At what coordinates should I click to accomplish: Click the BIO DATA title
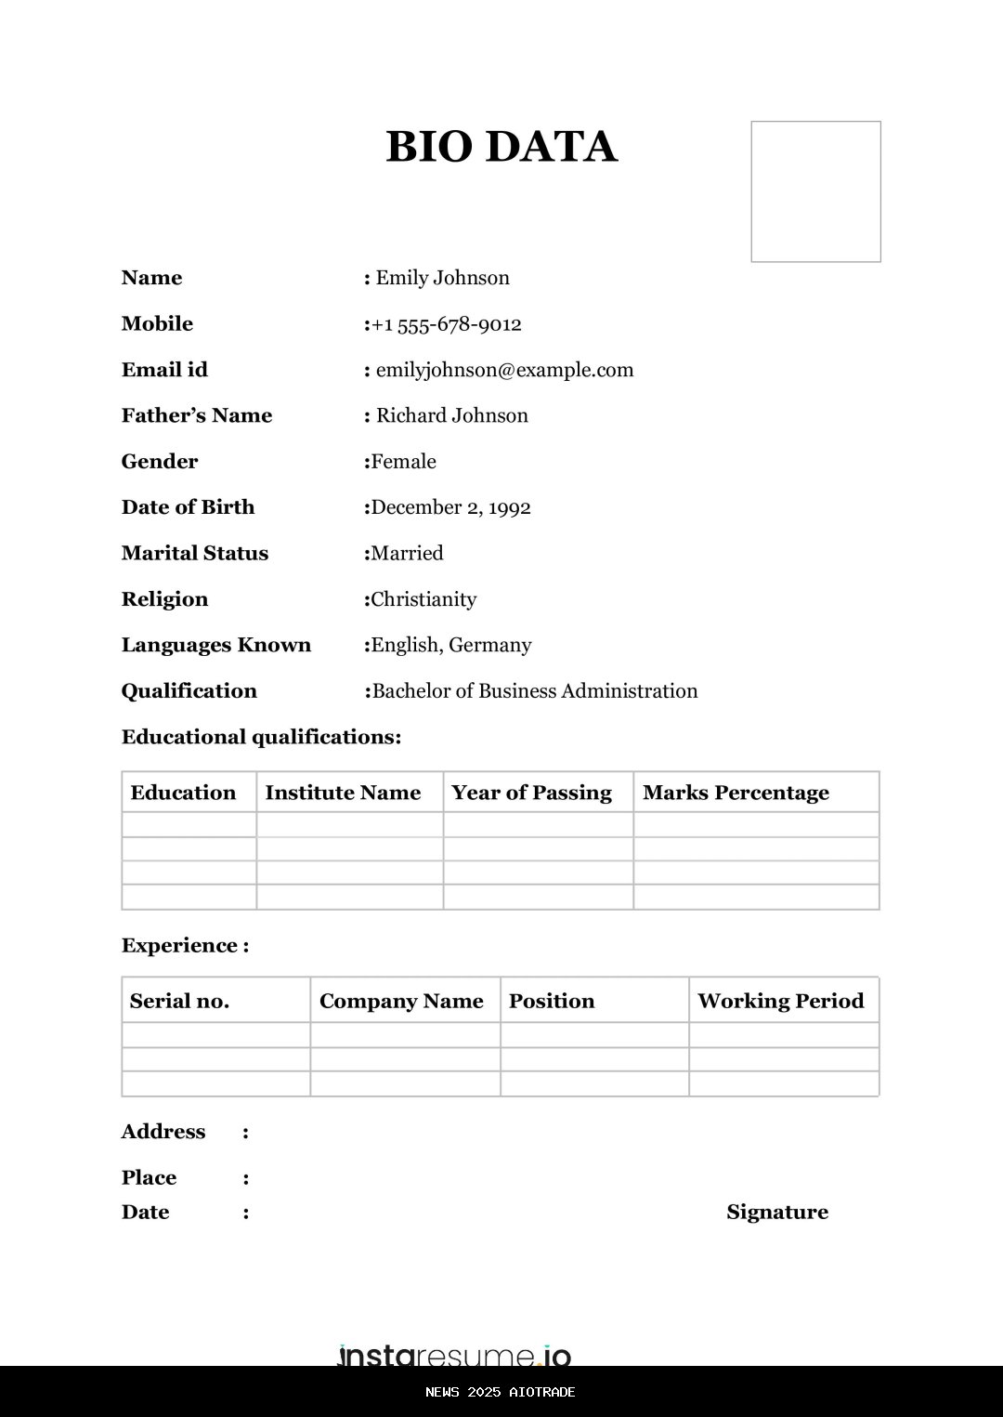[501, 147]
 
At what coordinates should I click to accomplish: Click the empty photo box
[815, 191]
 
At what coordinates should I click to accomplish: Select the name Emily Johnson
[442, 278]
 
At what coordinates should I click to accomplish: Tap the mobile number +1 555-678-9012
[446, 324]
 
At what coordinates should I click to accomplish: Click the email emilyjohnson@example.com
[504, 370]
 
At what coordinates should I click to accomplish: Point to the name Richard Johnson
[451, 415]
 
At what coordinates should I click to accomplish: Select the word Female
[403, 462]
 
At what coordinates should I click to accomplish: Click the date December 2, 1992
[450, 507]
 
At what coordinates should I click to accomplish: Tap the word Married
[407, 554]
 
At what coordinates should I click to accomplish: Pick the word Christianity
[423, 599]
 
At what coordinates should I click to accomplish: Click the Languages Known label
[215, 645]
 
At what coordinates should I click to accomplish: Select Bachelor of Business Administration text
[534, 691]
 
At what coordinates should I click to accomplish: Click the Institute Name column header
[343, 793]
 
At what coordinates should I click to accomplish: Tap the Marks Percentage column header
[736, 793]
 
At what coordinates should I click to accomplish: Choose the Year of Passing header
[531, 793]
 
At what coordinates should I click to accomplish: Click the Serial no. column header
[179, 1001]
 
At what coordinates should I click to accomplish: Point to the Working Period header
[780, 1001]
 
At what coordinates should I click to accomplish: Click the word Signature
[777, 1212]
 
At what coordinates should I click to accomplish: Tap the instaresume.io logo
[454, 1355]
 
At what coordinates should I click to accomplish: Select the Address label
[163, 1132]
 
